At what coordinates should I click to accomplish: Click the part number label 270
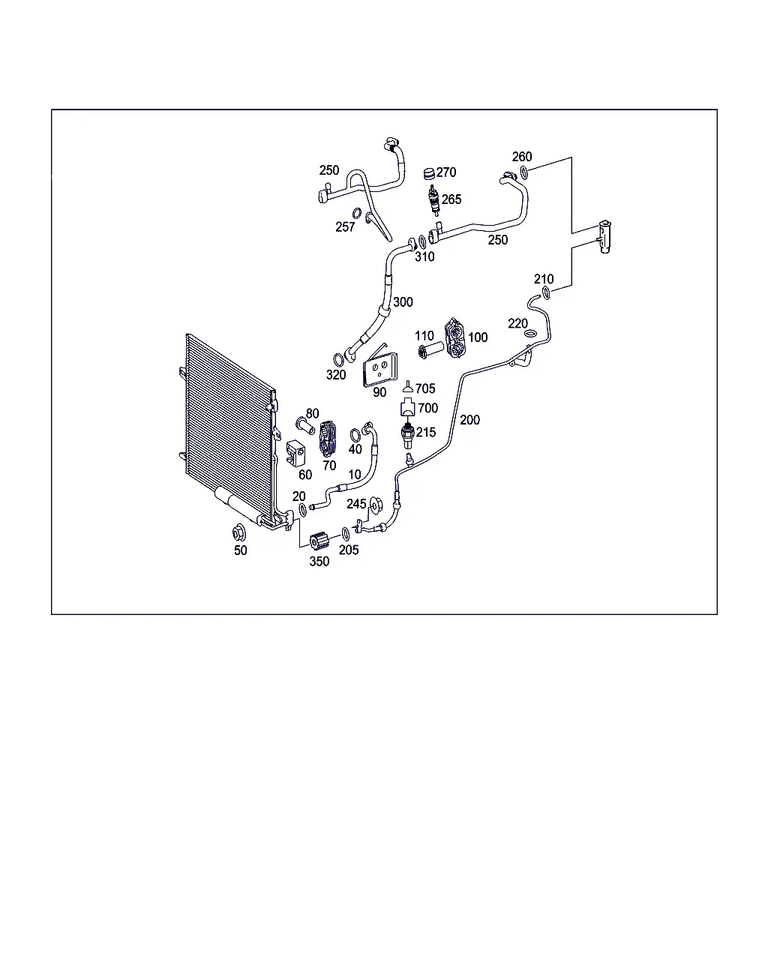pos(445,172)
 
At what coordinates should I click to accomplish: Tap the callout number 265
pos(451,199)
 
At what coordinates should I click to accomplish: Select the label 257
pos(345,227)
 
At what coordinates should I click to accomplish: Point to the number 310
pos(424,257)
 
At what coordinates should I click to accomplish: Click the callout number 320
pos(335,375)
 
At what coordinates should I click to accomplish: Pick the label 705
pos(424,388)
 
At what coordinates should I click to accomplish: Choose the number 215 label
pos(426,432)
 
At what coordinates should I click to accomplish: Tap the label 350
pos(319,562)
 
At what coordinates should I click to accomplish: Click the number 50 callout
pos(241,550)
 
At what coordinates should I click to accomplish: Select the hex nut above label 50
pos(240,532)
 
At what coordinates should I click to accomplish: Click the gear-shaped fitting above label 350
pos(319,541)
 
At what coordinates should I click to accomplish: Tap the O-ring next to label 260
pos(524,172)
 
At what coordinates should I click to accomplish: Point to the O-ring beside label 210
pos(546,293)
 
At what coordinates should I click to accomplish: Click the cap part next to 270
pos(429,174)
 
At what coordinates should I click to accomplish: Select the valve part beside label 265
pos(433,199)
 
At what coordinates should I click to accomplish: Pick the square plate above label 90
pos(379,370)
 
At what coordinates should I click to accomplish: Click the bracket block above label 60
pos(295,453)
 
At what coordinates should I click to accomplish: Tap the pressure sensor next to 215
pos(408,435)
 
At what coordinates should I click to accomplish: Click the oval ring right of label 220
pos(530,334)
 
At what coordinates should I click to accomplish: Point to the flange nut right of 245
pos(376,505)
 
